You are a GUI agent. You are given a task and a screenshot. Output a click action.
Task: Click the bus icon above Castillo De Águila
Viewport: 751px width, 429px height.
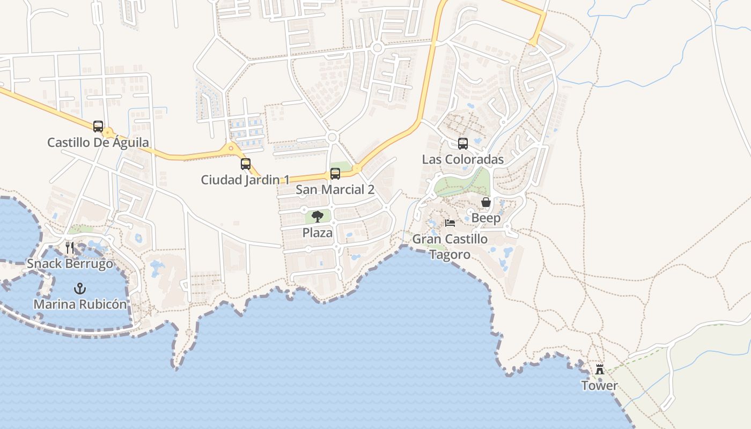pos(98,127)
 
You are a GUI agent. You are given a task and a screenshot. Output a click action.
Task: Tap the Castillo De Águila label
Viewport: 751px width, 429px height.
pos(98,143)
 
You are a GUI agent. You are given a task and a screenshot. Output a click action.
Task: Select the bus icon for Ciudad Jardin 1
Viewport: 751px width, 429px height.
pos(246,164)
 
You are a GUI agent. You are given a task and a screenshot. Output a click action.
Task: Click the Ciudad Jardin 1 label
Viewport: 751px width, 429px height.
pos(245,180)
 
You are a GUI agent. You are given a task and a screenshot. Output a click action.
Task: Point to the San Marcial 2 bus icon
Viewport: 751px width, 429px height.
pos(335,174)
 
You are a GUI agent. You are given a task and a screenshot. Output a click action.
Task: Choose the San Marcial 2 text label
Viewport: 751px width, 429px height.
pos(335,190)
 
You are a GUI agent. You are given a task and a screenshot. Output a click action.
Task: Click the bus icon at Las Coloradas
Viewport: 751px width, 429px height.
pos(463,144)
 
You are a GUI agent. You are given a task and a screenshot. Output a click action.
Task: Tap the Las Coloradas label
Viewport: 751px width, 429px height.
pos(463,160)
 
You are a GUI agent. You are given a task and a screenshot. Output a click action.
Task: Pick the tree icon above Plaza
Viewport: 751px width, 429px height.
pos(318,217)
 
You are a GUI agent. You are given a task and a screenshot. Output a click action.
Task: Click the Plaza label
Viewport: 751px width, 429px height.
pos(318,233)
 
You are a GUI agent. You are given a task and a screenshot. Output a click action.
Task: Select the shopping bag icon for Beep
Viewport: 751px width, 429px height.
pos(486,202)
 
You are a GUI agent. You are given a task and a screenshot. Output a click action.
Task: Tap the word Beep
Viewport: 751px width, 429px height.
pos(486,218)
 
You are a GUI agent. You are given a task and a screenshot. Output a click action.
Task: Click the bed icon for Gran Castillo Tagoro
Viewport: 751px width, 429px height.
pos(450,223)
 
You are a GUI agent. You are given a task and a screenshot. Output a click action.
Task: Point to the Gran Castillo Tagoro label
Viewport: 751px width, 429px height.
pos(450,247)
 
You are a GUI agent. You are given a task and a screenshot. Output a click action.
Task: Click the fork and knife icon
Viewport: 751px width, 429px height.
pos(70,247)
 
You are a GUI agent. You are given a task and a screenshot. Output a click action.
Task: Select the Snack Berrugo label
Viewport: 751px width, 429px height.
pos(70,264)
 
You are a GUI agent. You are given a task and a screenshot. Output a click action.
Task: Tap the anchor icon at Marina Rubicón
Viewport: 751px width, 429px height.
pos(80,289)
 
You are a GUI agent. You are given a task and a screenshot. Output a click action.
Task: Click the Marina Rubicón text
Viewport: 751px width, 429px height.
pos(80,305)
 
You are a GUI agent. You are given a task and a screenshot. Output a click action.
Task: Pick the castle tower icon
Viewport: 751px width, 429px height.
pos(600,369)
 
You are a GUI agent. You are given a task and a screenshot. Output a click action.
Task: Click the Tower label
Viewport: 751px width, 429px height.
pos(600,386)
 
